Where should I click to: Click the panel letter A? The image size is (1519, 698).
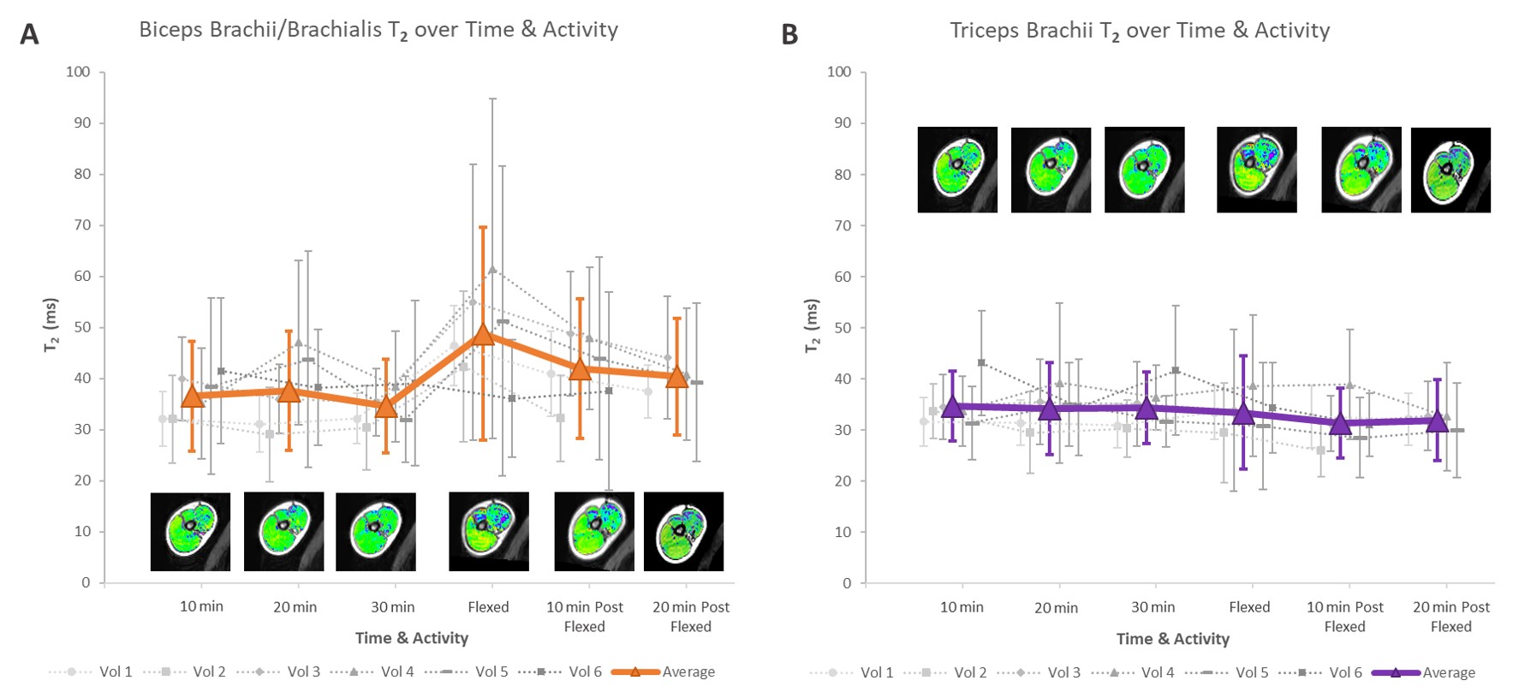(x=29, y=34)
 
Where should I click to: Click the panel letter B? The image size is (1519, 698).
(x=789, y=34)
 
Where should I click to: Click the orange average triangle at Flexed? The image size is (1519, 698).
(x=483, y=334)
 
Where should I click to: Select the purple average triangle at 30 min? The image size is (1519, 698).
(x=1146, y=408)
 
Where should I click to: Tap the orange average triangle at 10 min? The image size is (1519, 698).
(x=192, y=396)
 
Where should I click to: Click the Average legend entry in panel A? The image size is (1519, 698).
(x=664, y=672)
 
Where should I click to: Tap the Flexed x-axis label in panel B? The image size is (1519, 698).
(x=1249, y=607)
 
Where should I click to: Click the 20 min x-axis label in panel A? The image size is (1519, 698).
(x=295, y=607)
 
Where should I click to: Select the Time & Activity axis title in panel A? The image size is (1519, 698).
(x=412, y=638)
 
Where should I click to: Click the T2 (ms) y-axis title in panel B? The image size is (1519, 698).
(x=812, y=326)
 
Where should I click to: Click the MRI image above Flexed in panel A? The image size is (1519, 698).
(x=488, y=531)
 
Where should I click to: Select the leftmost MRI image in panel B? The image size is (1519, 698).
(x=957, y=170)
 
